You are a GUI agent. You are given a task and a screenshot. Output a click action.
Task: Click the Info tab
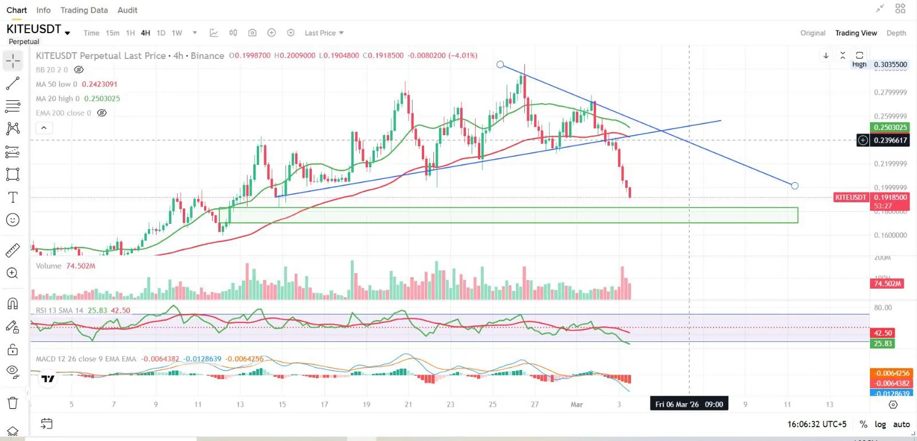coord(43,10)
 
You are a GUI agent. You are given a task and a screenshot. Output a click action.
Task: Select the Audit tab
coord(127,10)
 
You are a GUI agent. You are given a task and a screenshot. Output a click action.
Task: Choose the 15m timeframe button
coord(112,33)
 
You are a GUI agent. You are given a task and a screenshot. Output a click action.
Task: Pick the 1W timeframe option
coord(177,33)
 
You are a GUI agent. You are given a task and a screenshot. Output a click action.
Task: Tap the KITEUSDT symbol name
coord(34,29)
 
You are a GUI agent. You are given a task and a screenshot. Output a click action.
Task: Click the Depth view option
coord(896,33)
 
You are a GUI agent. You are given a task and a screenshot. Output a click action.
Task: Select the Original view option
coord(813,33)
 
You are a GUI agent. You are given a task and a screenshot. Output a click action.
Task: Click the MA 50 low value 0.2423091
coord(99,84)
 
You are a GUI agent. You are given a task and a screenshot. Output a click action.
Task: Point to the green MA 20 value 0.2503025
coord(102,99)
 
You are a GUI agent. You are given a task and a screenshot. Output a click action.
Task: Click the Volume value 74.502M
coord(80,266)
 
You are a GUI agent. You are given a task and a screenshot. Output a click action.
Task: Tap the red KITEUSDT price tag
coord(851,198)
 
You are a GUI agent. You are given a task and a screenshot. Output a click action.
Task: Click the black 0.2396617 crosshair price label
coord(890,140)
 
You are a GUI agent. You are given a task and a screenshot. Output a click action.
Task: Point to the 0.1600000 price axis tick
coord(890,235)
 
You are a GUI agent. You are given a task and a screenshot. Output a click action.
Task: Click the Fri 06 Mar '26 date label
coord(689,404)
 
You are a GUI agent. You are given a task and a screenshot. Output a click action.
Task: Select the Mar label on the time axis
coord(577,404)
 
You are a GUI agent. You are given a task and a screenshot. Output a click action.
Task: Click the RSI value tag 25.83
coord(883,344)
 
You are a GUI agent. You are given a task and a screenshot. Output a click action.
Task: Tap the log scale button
coord(880,424)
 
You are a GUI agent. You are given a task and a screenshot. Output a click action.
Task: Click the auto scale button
coord(901,424)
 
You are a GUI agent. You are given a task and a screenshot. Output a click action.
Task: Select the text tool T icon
coord(13,198)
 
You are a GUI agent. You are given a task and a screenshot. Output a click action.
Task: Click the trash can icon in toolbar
coord(13,403)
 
